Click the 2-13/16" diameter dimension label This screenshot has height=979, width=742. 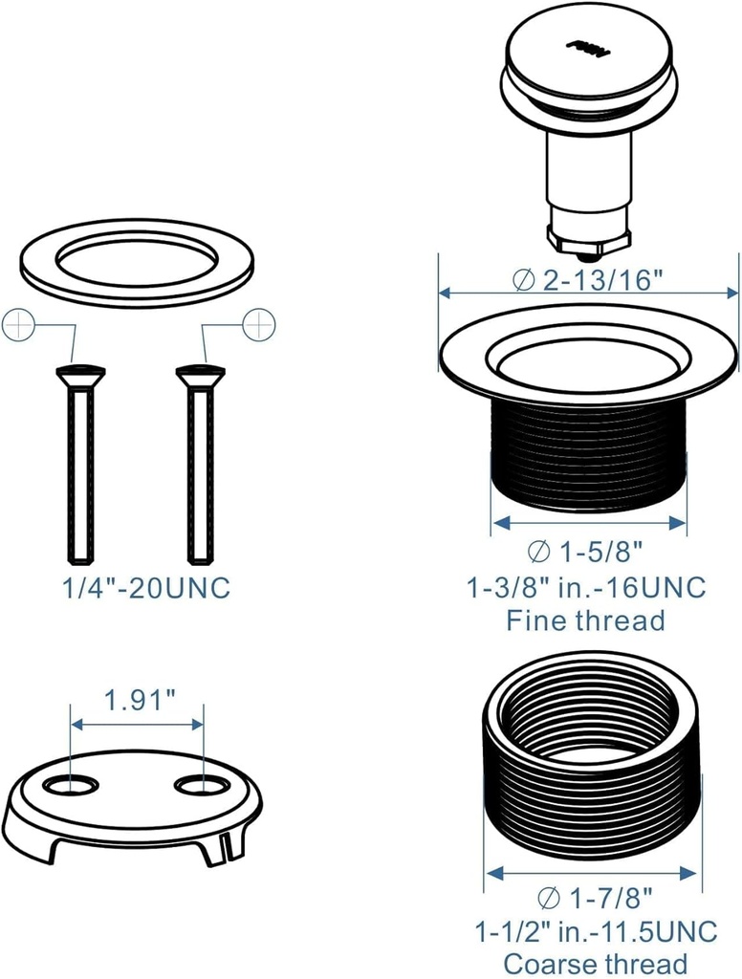pos(588,279)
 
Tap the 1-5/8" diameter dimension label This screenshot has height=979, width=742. pos(585,552)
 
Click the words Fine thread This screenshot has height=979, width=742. pos(585,620)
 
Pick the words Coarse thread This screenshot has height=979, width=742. pos(595,963)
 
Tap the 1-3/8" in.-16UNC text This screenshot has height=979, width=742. pos(586,586)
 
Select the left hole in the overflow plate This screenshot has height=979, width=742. pos(72,786)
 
